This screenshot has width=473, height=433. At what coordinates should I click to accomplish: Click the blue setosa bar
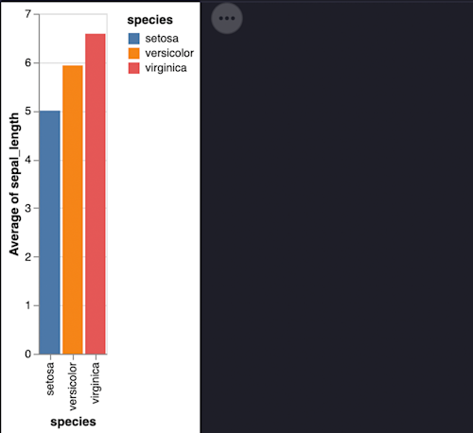pos(49,233)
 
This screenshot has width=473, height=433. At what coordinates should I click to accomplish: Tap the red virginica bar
pos(96,194)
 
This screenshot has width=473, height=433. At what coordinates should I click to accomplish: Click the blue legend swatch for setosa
pos(134,40)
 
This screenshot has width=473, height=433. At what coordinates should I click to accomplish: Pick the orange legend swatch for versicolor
pos(134,54)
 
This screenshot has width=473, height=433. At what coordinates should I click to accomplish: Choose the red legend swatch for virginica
pos(134,68)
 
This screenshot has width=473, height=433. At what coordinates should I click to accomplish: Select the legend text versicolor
pos(169,54)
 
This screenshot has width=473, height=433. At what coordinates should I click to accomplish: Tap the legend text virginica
pos(166,68)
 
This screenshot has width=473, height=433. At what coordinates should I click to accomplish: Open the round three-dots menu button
pos(227,18)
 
